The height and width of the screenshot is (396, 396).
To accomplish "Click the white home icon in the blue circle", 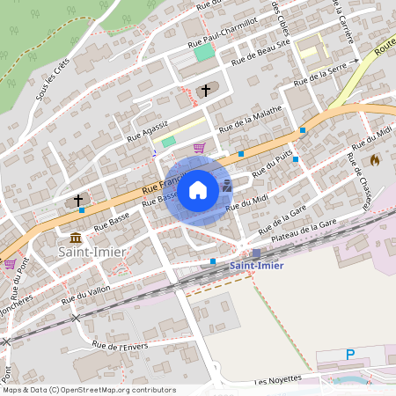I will coord(198,190).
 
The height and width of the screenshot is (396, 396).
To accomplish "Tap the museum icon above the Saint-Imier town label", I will coord(76,238).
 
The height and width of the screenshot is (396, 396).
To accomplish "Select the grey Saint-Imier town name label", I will coord(92,253).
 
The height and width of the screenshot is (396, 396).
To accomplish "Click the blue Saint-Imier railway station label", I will coord(257,266).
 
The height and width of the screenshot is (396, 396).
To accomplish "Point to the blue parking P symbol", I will coord(349,355).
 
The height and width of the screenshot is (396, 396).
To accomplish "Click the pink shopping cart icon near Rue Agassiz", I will coord(200,147).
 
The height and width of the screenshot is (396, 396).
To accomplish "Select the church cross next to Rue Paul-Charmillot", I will coord(207,90).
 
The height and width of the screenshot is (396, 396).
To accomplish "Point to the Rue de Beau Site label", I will coord(260,54).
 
